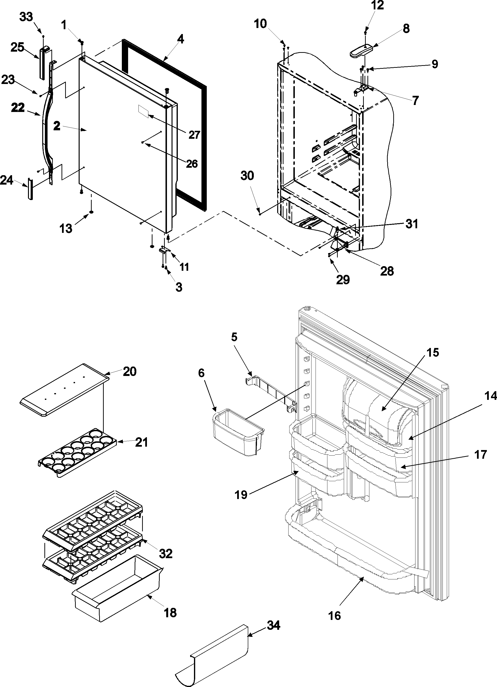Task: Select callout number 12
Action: point(377,5)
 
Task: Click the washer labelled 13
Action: point(91,214)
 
